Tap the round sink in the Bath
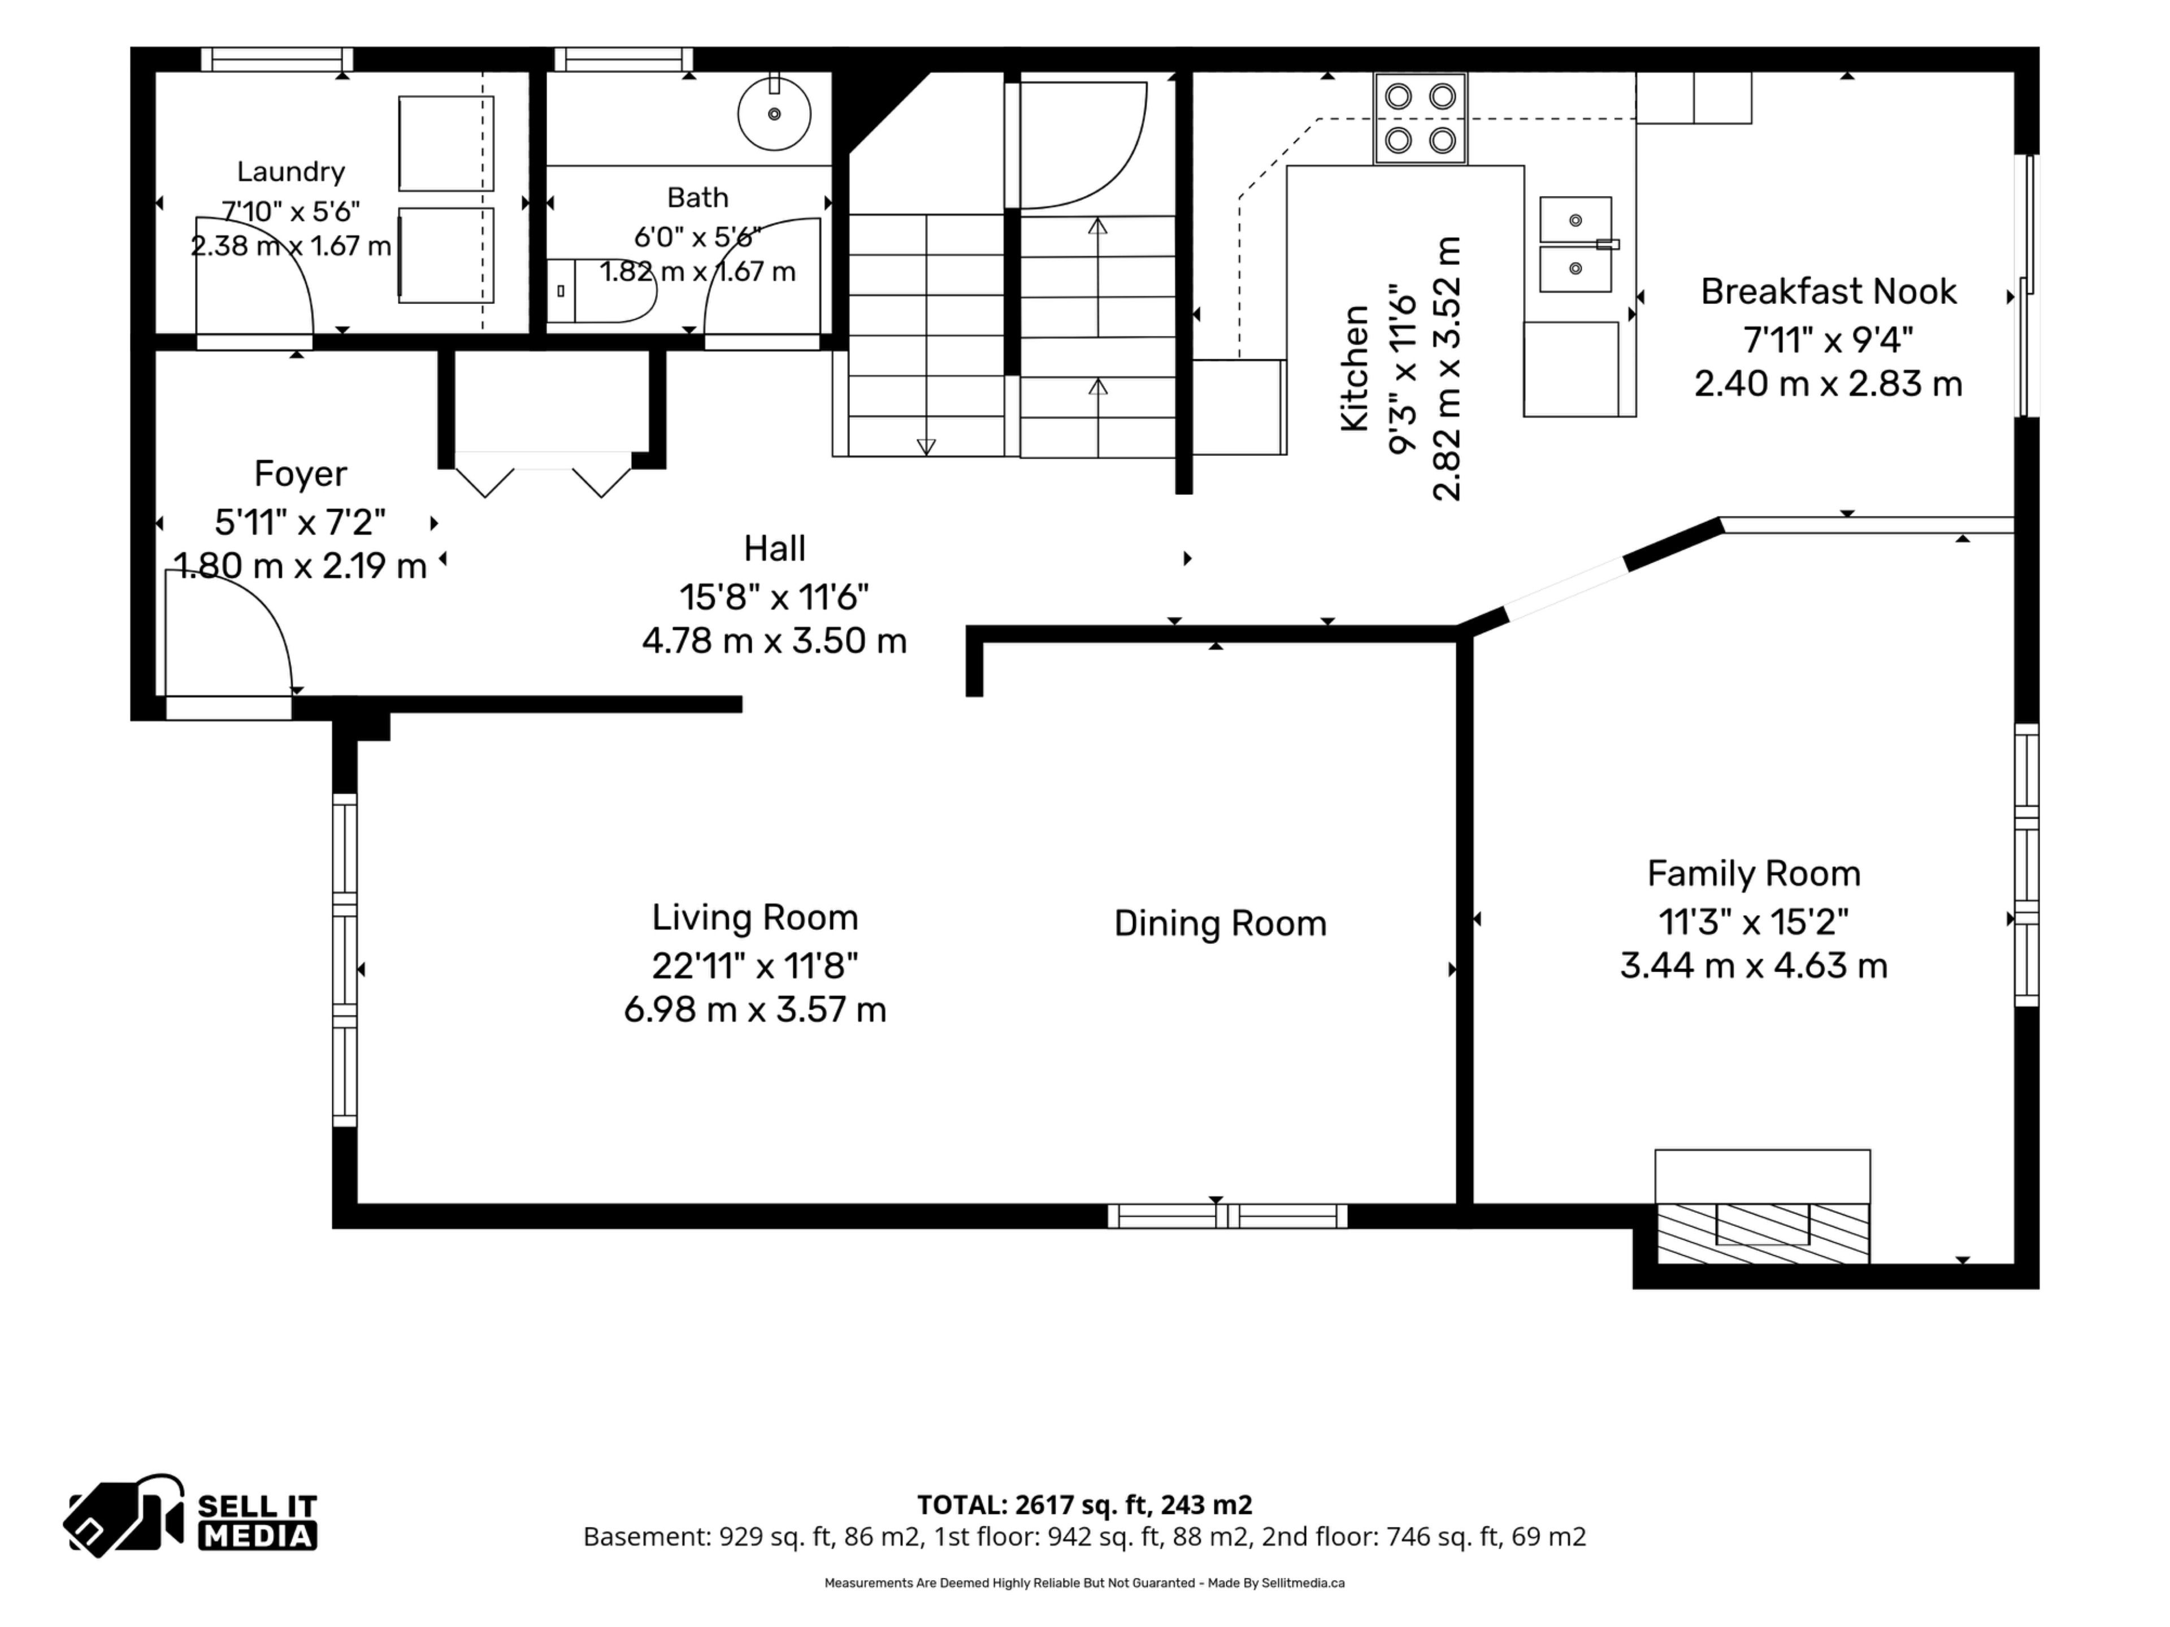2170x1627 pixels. point(774,113)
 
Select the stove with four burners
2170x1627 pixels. point(1421,119)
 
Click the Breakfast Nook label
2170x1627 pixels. point(1829,292)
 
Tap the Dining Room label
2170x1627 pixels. point(1221,923)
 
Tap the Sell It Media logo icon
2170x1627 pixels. point(124,1515)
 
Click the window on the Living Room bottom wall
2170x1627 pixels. point(1227,1216)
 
